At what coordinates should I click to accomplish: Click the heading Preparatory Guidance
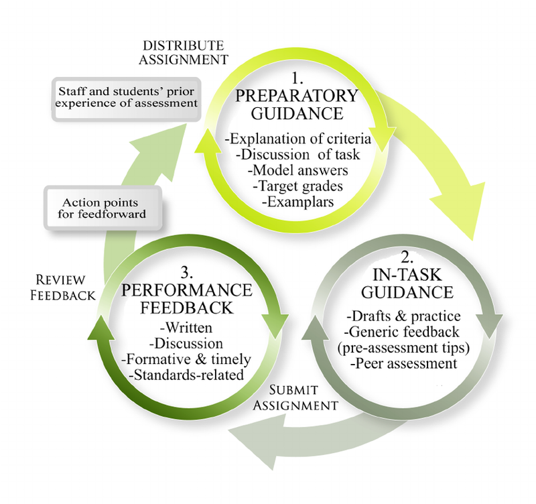297,103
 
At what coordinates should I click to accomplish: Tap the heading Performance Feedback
187,300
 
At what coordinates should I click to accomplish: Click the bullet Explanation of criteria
297,139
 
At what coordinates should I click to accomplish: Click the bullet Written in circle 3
188,328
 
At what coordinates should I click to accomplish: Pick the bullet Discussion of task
298,155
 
